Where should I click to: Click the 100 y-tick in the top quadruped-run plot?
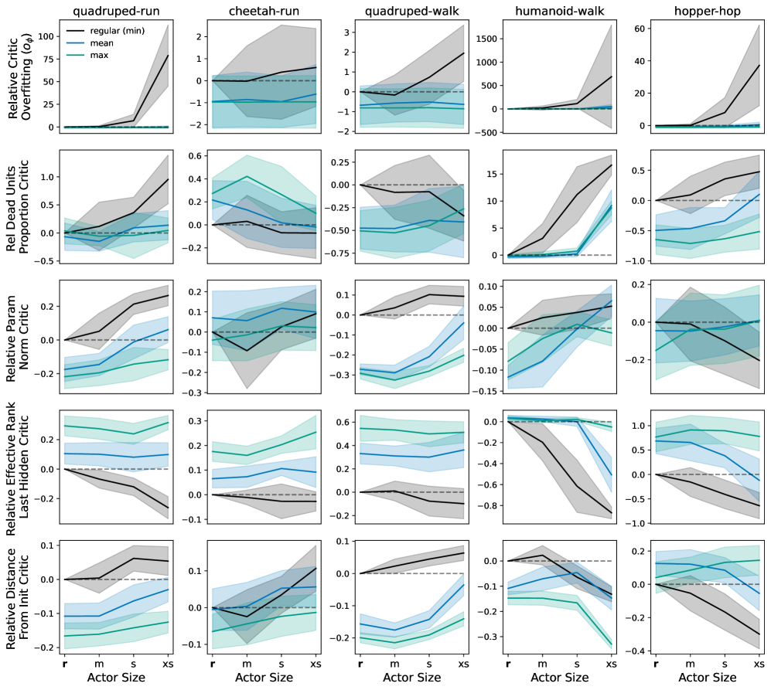click(x=47, y=36)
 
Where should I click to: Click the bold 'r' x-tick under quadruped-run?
click(x=65, y=663)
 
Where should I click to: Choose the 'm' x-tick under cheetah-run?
click(x=247, y=663)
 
